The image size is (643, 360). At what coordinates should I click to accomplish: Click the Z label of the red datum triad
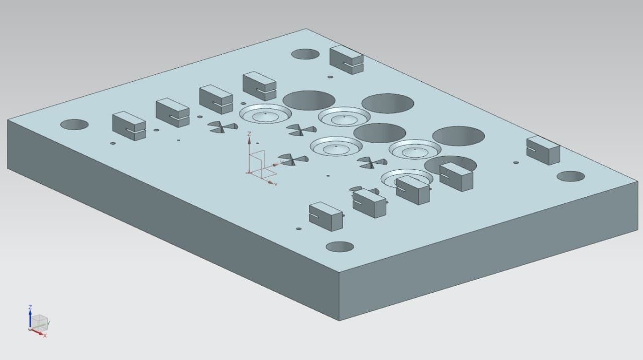pos(249,134)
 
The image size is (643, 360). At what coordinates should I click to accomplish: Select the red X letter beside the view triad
pos(45,335)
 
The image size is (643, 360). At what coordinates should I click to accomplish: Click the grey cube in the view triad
pos(39,322)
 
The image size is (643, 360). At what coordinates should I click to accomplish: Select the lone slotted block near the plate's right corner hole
pos(543,150)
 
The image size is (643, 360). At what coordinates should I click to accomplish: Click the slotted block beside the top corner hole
pos(346,59)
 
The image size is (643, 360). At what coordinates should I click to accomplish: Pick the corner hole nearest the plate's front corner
pos(340,247)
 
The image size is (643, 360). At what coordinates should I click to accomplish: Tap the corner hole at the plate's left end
pos(74,125)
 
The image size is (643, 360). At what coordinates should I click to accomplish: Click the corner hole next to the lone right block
pos(571,176)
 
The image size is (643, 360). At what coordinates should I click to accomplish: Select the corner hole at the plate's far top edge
pos(305,54)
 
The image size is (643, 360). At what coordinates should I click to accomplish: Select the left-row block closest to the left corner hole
pos(129,126)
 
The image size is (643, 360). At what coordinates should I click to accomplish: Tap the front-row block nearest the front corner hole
pos(326,216)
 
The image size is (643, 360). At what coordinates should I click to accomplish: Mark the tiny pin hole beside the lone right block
pos(515,162)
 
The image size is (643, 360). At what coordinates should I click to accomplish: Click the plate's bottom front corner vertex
pos(339,320)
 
